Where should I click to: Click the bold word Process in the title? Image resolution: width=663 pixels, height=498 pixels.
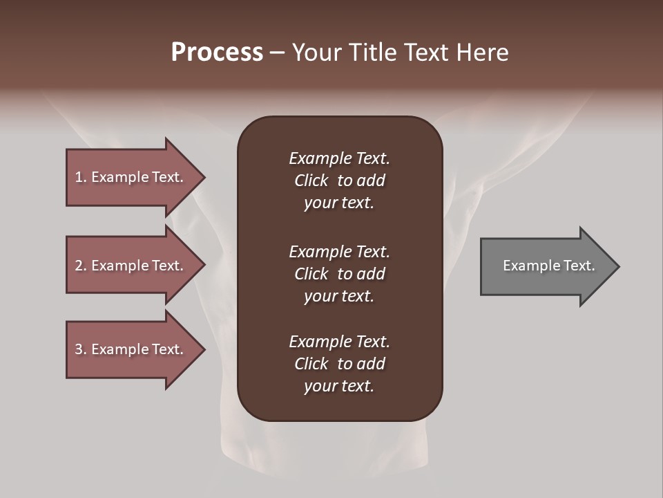pos(217,53)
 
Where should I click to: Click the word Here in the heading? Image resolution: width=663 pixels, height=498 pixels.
pos(483,53)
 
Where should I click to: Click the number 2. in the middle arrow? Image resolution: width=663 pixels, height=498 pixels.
pos(81,266)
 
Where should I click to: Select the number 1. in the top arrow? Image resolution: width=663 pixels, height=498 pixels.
pos(81,177)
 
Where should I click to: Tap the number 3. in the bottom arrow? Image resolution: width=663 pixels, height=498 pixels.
pos(81,349)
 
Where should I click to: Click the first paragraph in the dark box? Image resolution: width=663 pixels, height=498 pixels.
pos(339,181)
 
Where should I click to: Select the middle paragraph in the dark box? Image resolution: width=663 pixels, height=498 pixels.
pos(339,274)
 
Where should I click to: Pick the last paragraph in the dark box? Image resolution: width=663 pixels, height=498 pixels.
pos(339,364)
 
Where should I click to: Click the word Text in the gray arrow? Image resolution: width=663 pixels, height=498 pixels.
pos(579,266)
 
